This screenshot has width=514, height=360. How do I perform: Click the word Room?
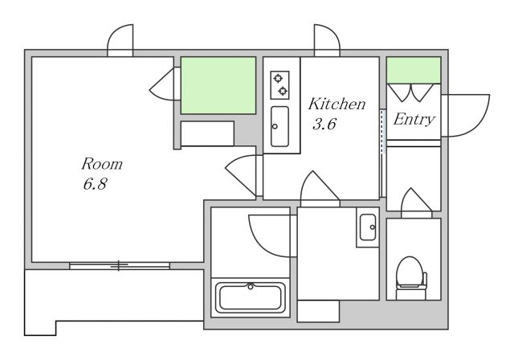[x=102, y=164]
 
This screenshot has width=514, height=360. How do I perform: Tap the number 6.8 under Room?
[x=95, y=184]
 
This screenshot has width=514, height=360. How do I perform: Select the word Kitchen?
[x=337, y=104]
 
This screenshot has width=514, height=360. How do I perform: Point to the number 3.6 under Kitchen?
[x=324, y=125]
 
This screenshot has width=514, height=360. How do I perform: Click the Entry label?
[x=414, y=120]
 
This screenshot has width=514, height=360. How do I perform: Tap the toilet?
[x=411, y=278]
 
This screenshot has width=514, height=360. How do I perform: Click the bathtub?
[x=251, y=297]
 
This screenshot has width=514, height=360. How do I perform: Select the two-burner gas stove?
[x=279, y=85]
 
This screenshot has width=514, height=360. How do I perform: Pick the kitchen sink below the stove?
[x=280, y=126]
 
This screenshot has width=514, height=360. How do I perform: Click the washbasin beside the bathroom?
[x=368, y=227]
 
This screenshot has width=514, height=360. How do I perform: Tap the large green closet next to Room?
[x=218, y=85]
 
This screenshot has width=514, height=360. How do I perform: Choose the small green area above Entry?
[x=414, y=70]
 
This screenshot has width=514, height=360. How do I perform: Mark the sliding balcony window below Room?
[x=120, y=266]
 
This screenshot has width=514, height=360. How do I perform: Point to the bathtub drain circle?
[x=251, y=287]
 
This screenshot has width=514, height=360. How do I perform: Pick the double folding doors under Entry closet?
[x=410, y=92]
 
